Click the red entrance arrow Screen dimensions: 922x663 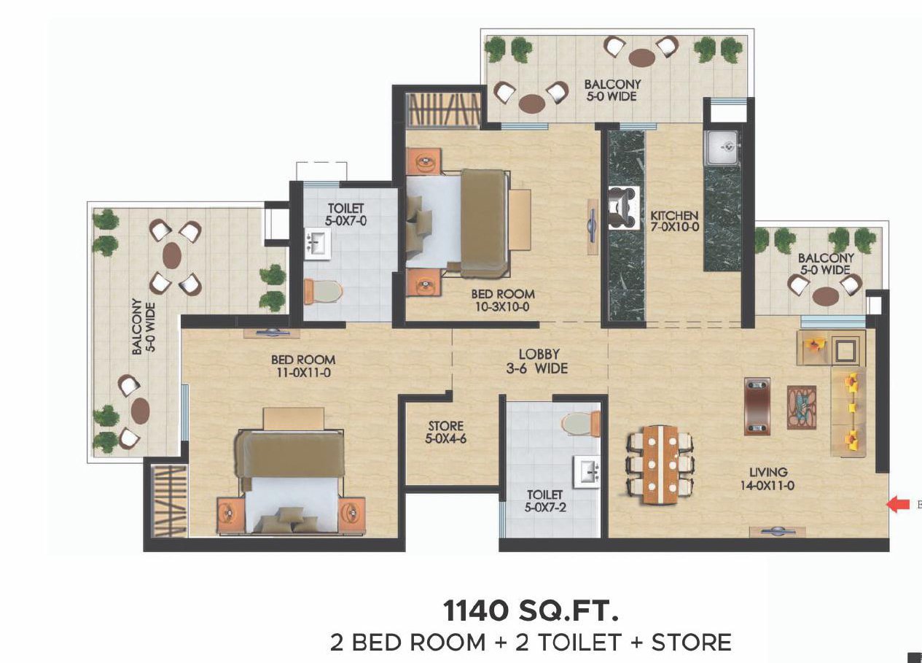point(898,505)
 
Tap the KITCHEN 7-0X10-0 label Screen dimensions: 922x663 point(675,221)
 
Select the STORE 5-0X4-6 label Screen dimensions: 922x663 point(446,432)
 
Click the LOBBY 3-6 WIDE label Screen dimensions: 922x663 point(537,361)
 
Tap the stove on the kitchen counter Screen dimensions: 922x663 point(624,208)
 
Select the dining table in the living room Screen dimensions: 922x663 point(660,465)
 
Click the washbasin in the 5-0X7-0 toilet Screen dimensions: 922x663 point(317,244)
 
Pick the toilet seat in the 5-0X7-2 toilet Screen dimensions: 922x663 point(581,423)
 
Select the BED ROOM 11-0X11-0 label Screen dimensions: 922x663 point(303,366)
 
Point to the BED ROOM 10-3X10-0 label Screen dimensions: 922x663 point(503,301)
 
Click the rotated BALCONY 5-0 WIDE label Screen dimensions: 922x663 point(144,327)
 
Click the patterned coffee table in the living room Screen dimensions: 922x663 point(802,408)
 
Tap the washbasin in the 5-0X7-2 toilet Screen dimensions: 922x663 point(586,472)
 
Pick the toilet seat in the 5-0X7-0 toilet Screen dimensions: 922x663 point(323,292)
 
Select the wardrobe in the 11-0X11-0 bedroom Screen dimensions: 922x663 point(170,501)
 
